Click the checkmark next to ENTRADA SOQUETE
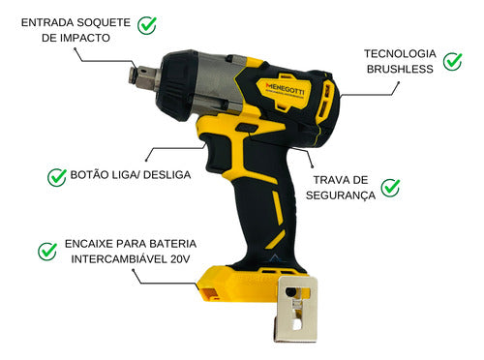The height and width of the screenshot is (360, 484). point(148,23)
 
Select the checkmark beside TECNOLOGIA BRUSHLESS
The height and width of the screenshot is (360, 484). point(452,61)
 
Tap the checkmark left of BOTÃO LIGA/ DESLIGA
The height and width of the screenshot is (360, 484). point(56,176)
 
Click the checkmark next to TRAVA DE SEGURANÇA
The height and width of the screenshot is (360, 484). point(390,187)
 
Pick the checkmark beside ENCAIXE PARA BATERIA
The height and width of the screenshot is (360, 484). point(46,251)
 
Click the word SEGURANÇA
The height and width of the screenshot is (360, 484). point(339,195)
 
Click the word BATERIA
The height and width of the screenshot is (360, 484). point(161,243)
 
